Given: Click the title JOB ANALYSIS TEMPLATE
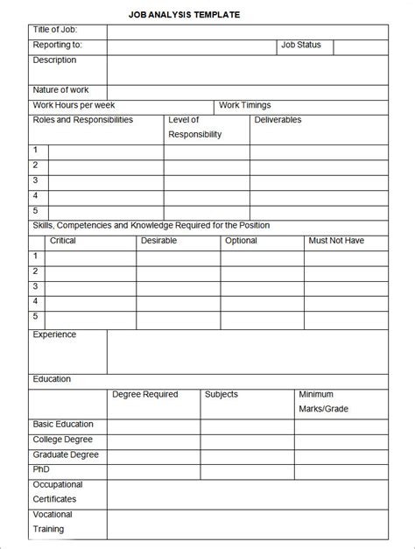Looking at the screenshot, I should click(x=185, y=15).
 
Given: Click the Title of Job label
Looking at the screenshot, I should click(x=55, y=30).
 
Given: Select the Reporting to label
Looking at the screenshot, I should click(x=58, y=45).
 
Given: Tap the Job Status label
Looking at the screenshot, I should click(x=301, y=45).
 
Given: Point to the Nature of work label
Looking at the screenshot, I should click(x=60, y=90).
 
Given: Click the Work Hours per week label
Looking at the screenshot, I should click(x=68, y=105).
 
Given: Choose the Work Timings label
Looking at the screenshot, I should click(x=244, y=105).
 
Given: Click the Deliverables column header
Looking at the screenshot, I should click(x=278, y=120).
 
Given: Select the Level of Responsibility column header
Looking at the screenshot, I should click(x=194, y=127).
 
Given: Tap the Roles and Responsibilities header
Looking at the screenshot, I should click(x=83, y=120).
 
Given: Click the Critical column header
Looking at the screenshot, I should click(x=63, y=241).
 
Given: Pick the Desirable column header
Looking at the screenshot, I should click(x=158, y=241).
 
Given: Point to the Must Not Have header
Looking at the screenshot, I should click(x=336, y=241).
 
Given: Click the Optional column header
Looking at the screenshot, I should click(x=241, y=241).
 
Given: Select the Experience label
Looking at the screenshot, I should click(x=54, y=334).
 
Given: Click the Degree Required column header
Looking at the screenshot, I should click(x=144, y=395).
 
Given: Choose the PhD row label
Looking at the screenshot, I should click(x=41, y=469).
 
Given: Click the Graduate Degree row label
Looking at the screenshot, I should click(x=66, y=454).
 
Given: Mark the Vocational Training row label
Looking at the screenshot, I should click(x=53, y=522).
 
